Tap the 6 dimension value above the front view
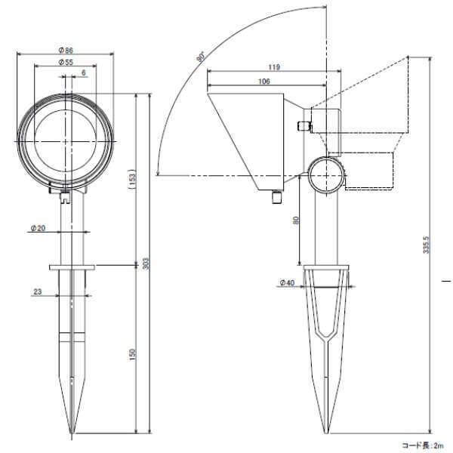[82, 72]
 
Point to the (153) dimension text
[133, 179]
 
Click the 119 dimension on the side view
[273, 67]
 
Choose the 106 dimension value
[264, 81]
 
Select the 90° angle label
[201, 57]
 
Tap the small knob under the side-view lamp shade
[276, 198]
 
